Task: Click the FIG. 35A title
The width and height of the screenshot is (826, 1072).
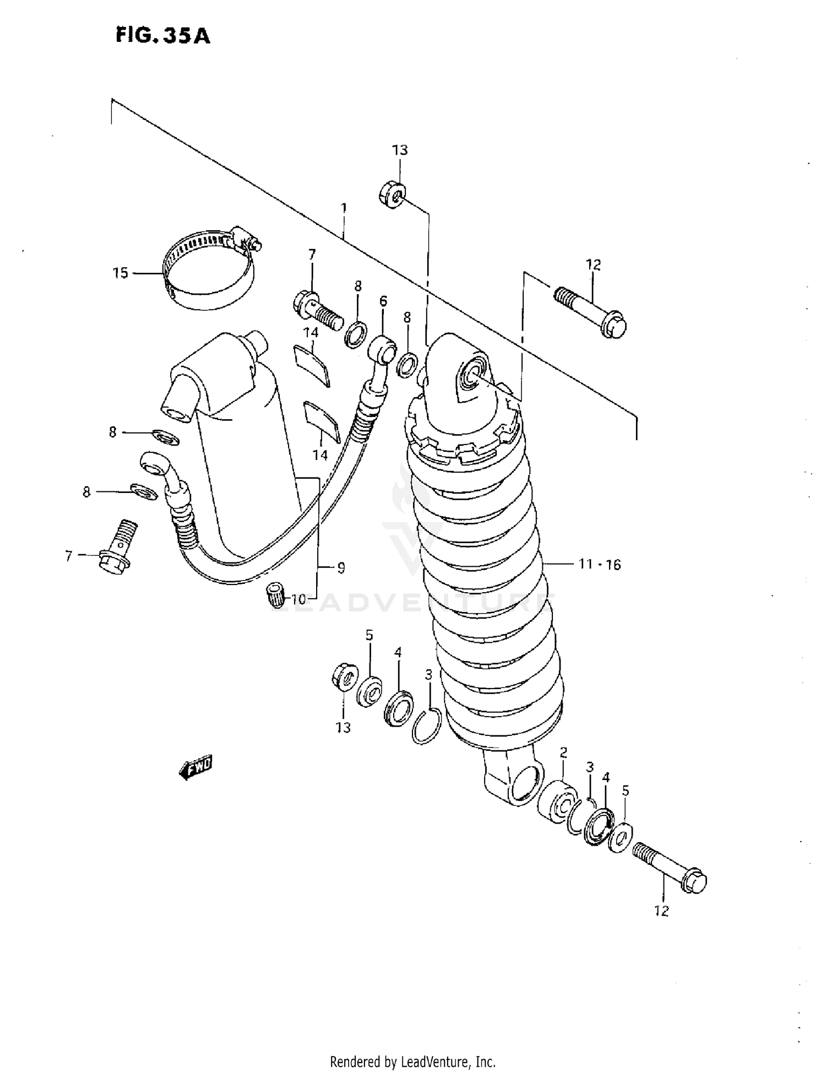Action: pos(162,36)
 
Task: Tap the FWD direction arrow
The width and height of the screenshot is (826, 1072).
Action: pos(195,767)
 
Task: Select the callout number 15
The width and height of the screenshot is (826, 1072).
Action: pos(120,273)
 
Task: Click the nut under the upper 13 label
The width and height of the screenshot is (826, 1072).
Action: pos(392,194)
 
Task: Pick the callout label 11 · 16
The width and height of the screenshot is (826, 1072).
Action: pos(599,564)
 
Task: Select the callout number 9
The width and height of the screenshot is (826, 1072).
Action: pos(341,567)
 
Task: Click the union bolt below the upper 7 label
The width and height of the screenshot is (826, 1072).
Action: pos(318,310)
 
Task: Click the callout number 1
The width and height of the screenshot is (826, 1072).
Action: pos(344,208)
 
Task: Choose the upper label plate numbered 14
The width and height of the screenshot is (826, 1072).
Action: pos(312,365)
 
